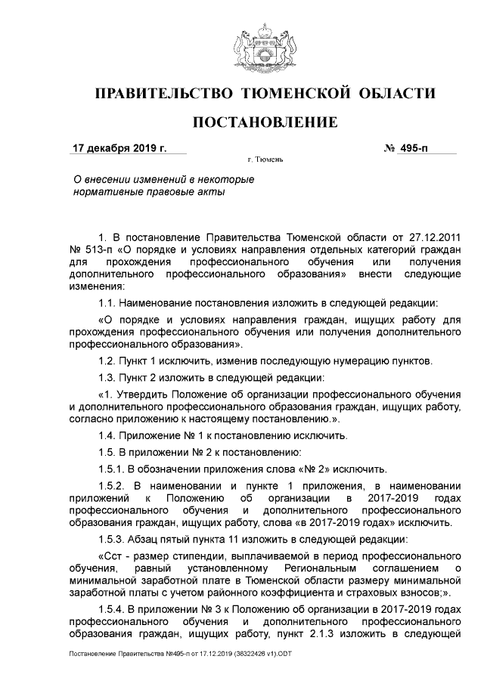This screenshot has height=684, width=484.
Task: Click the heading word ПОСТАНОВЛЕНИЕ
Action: (265, 122)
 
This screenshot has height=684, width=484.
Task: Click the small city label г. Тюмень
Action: (265, 160)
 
